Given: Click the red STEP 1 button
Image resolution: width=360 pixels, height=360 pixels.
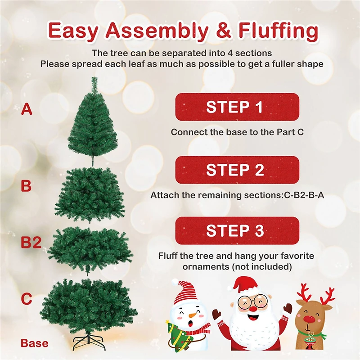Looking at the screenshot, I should click(237, 107).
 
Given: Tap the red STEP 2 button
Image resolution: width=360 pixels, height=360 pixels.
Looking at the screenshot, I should click(237, 170).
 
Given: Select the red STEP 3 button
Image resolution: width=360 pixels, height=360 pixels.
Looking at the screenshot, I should click(237, 230).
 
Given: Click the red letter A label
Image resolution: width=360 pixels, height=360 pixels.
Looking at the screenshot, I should click(27, 109).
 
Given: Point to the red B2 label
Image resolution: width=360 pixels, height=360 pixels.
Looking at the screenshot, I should click(31, 243).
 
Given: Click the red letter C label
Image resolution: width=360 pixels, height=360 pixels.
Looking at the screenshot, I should click(27, 298).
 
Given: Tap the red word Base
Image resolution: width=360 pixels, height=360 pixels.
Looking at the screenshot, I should click(34, 343).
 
